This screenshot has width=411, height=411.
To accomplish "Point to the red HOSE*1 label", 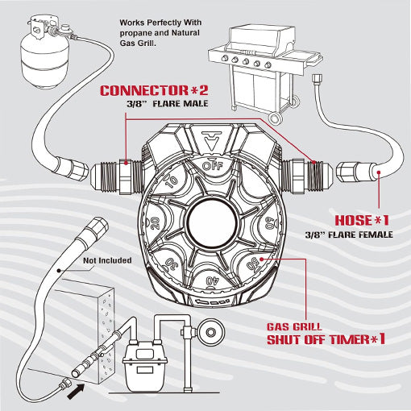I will tap(360, 219).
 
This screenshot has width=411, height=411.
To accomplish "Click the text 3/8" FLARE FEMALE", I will tap(349, 235).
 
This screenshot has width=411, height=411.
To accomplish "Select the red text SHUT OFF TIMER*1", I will tap(326, 339).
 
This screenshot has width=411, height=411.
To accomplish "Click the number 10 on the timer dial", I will tap(170, 183).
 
